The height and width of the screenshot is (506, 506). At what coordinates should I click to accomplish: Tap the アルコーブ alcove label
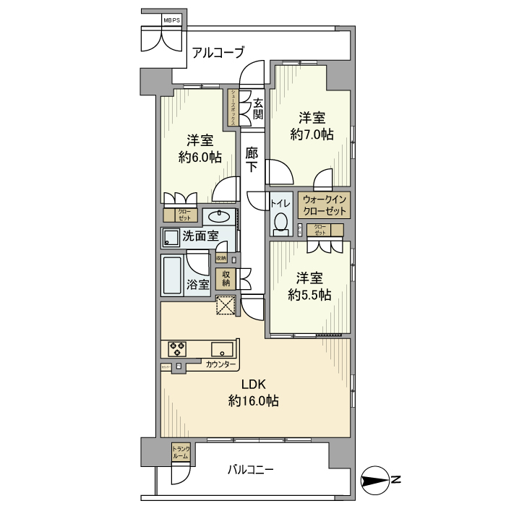218,52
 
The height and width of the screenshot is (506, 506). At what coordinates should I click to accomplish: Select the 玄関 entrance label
257,108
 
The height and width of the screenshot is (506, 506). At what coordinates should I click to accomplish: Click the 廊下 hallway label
252,159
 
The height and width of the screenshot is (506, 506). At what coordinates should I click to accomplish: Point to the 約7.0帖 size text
312,134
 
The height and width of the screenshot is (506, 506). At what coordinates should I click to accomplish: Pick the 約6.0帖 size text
200,158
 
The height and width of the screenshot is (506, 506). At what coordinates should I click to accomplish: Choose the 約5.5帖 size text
309,294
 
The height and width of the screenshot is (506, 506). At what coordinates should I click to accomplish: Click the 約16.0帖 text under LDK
253,400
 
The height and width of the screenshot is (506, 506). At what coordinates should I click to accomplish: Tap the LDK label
252,385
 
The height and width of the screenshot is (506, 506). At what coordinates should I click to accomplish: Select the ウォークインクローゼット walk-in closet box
325,205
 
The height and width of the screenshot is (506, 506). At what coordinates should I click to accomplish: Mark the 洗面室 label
200,236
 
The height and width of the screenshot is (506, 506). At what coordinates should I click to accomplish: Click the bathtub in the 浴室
172,275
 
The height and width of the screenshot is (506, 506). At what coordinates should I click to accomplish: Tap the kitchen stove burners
176,348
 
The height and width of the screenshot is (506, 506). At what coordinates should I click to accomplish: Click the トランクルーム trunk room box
181,453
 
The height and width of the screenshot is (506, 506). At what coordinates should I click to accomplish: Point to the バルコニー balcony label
250,470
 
